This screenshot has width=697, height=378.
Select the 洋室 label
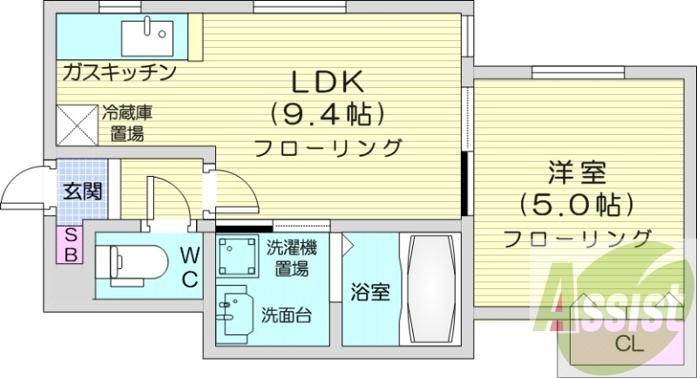pos(575,172)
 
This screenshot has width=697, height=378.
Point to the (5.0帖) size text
pos(575,205)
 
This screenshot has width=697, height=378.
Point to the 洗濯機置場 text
pos(292,258)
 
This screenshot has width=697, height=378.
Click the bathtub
pos(428,290)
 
